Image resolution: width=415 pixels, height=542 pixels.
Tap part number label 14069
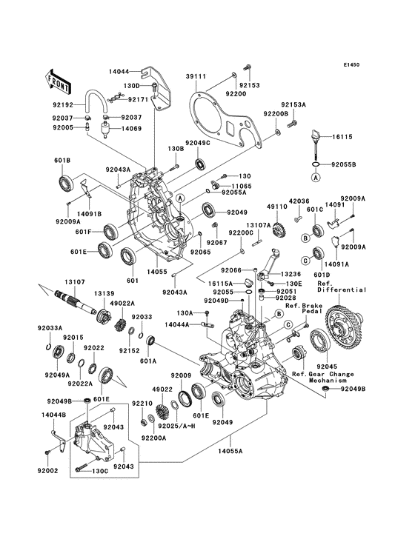131,129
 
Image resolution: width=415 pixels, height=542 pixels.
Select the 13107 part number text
73,281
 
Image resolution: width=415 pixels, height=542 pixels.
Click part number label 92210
141,404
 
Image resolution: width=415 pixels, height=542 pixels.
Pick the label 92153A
293,105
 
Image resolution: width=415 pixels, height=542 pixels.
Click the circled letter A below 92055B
316,178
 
